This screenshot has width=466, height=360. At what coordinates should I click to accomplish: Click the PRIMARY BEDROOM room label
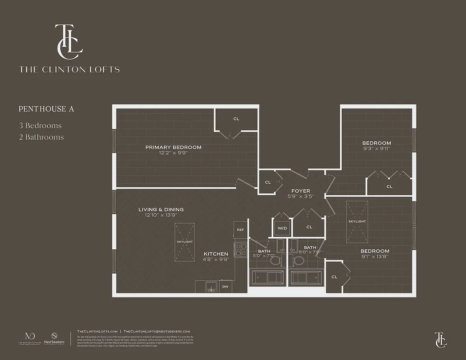[173, 147]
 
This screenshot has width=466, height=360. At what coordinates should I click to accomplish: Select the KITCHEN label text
[216, 254]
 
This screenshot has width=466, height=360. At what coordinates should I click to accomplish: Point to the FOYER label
[300, 191]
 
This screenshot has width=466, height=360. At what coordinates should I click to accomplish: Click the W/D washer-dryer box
[282, 228]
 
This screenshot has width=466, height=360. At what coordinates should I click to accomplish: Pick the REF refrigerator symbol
[240, 230]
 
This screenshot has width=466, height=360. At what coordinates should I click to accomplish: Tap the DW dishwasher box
[226, 287]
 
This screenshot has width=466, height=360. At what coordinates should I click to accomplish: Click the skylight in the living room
[185, 241]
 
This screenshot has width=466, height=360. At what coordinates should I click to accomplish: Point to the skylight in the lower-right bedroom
[357, 221]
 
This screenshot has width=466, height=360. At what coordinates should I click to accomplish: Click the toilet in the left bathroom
[276, 260]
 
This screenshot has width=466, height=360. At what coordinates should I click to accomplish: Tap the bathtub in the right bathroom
[306, 277]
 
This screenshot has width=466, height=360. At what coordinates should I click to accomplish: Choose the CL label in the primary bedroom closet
[236, 119]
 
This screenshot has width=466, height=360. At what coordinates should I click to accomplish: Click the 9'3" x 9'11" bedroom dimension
[376, 149]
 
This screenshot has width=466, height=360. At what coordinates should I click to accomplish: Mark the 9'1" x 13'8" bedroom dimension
[375, 257]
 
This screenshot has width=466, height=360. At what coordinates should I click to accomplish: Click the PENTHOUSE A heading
[46, 109]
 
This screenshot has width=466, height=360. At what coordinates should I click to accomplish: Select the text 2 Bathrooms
[41, 137]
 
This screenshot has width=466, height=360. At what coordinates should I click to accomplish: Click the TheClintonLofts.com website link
[97, 331]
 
